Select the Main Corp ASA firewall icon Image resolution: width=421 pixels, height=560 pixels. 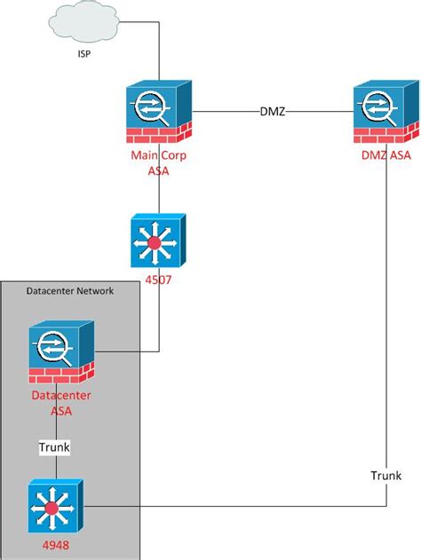[x=158, y=111]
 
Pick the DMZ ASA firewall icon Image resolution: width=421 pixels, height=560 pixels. [x=385, y=111]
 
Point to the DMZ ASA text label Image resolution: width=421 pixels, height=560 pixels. [x=385, y=157]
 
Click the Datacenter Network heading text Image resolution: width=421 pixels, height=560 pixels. [x=69, y=291]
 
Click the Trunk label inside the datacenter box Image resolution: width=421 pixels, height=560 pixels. [x=54, y=448]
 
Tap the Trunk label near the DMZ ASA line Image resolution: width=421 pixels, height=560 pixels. [x=385, y=477]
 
